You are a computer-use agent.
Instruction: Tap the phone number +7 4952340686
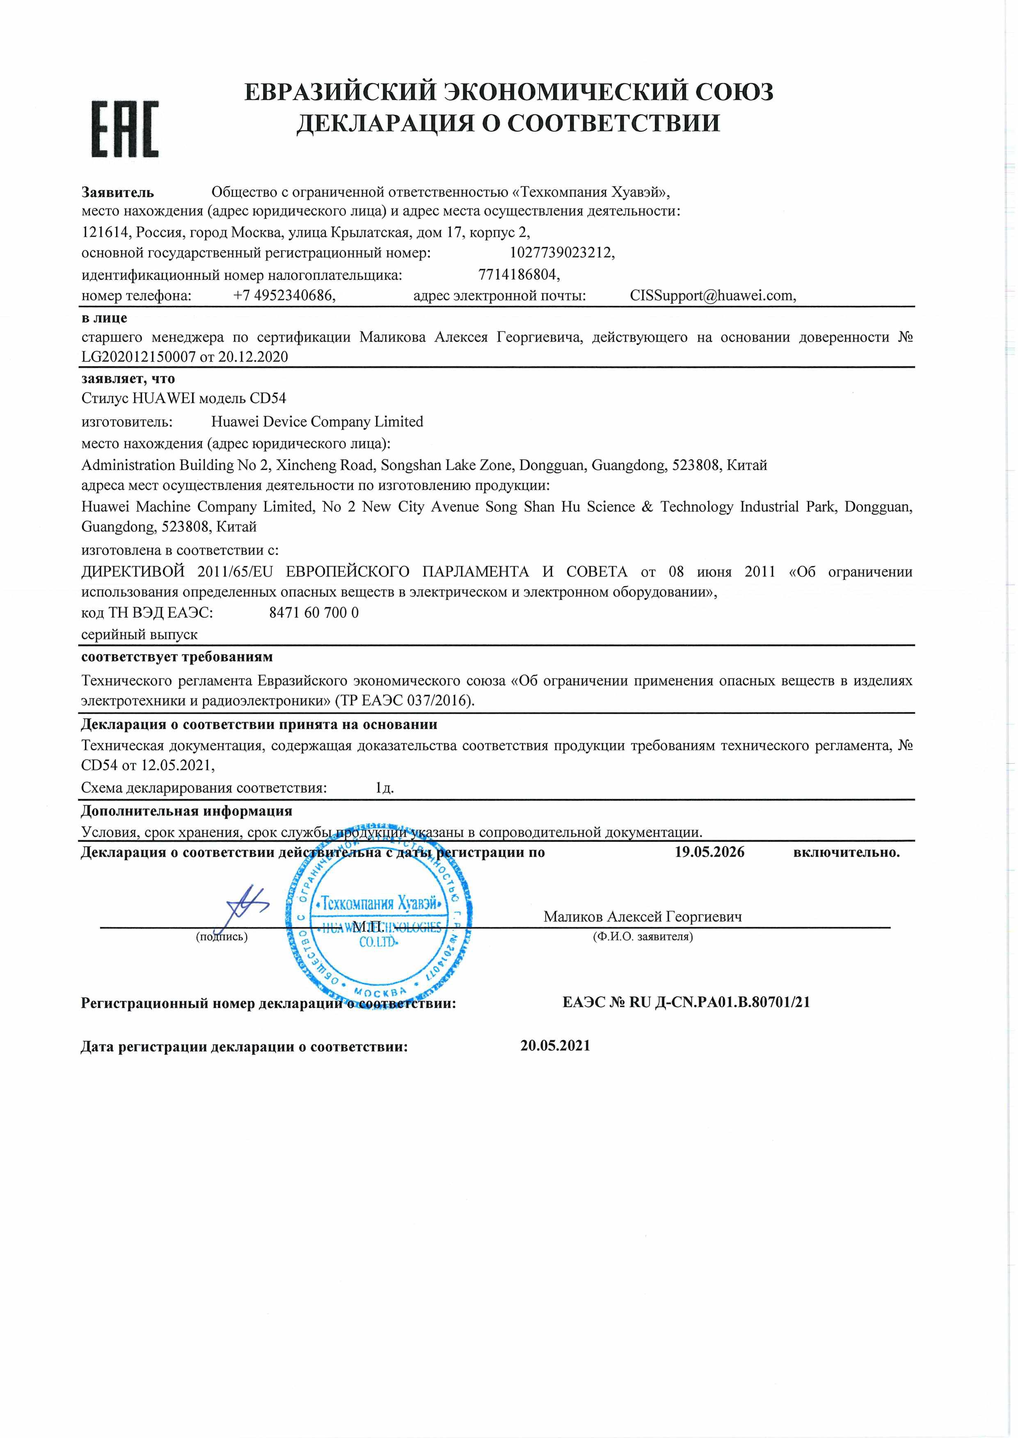284,296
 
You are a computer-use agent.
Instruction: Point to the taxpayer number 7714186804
518,275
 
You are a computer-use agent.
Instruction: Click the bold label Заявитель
118,192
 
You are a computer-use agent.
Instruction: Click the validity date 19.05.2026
709,852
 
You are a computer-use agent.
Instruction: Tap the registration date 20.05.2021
555,1046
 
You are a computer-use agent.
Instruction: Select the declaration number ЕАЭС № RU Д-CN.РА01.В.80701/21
686,1002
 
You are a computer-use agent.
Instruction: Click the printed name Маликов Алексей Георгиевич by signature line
643,917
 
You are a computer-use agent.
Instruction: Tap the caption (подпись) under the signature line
222,937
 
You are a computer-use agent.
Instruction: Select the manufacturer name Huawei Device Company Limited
317,422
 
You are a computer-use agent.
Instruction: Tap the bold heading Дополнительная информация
187,811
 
